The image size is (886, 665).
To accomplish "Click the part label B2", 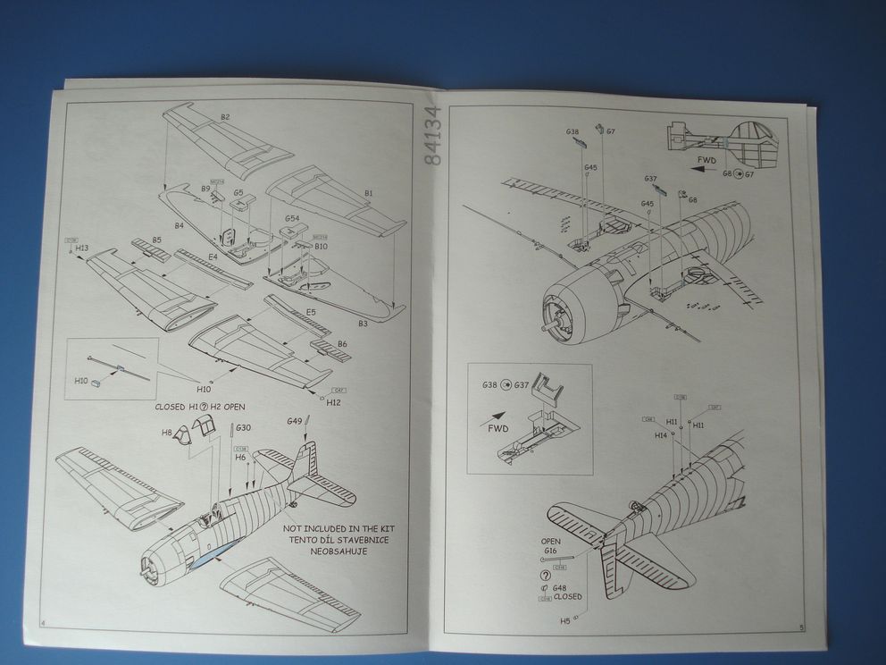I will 224,118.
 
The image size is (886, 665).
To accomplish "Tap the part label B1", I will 368,193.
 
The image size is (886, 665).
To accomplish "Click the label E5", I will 310,311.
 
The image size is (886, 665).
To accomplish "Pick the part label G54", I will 292,218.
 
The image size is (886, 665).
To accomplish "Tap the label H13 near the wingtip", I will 82,248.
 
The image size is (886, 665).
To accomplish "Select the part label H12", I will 334,402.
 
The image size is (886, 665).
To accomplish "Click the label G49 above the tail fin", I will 296,421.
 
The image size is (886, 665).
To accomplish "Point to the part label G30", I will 243,427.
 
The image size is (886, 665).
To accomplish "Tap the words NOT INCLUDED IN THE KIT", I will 339,529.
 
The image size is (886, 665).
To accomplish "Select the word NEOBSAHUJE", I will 339,551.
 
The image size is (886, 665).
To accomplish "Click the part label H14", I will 661,435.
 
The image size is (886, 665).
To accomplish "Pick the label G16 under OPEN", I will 549,551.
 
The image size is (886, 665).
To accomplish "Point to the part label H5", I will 564,619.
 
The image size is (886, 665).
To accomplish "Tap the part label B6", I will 342,343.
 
